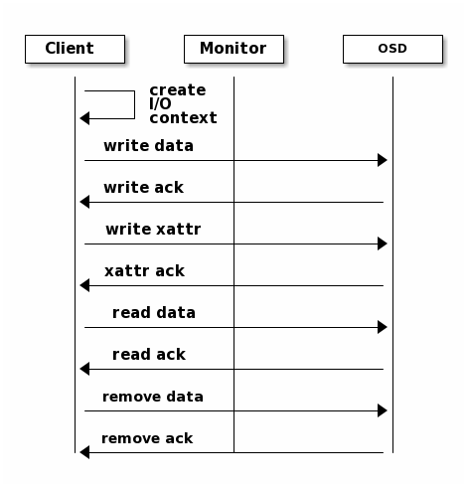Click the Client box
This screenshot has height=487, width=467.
[75, 49]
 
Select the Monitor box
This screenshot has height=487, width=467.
[233, 49]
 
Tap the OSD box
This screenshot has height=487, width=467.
[392, 49]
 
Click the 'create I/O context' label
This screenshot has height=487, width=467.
[183, 104]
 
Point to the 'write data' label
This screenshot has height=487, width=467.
[148, 146]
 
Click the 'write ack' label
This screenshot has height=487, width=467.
[143, 188]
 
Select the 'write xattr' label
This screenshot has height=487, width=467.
[153, 230]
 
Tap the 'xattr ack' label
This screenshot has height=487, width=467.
[144, 271]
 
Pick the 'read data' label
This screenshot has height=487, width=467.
[154, 313]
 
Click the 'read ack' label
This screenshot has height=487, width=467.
[149, 355]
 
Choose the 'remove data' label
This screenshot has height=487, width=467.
[153, 397]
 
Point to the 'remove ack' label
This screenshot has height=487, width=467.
[147, 438]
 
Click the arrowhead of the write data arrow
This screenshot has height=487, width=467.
[383, 160]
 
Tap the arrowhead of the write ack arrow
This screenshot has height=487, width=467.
[84, 202]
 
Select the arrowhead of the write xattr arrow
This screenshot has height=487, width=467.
[383, 243]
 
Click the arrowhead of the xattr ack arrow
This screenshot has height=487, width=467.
[84, 285]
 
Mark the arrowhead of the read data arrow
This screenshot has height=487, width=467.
[383, 327]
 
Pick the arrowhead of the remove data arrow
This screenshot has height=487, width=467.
[383, 410]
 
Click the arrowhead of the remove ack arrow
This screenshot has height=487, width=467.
[84, 452]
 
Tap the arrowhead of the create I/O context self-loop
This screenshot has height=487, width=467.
[84, 118]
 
